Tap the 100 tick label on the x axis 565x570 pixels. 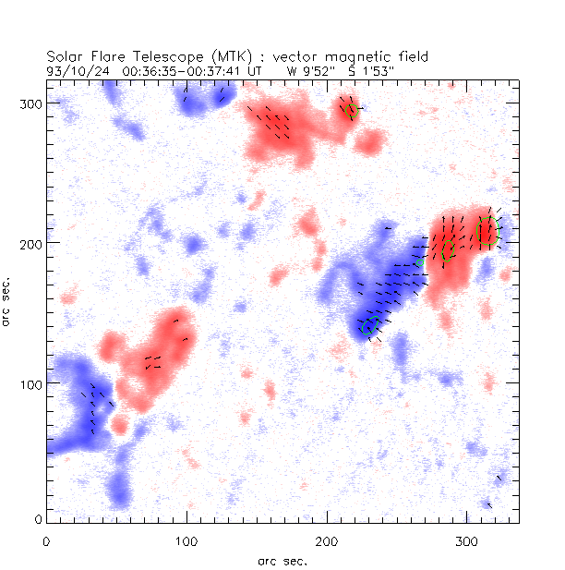click(x=186, y=540)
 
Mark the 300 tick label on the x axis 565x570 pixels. click(x=467, y=540)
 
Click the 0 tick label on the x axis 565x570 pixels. click(x=46, y=540)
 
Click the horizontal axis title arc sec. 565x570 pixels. click(x=282, y=560)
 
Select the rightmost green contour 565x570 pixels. click(x=487, y=230)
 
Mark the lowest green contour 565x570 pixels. click(x=370, y=324)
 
